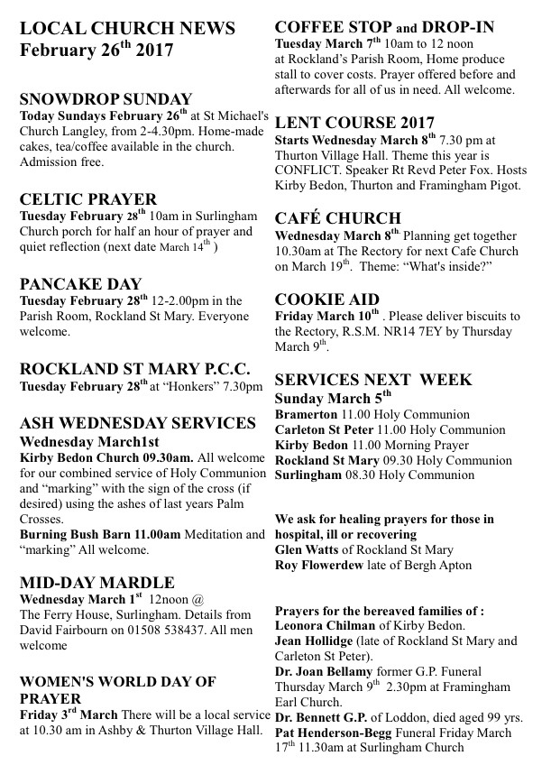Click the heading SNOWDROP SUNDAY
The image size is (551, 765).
click(x=106, y=99)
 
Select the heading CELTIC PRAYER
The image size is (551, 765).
click(x=87, y=199)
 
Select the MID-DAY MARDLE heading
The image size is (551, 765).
click(x=96, y=583)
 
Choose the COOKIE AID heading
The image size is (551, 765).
click(x=326, y=299)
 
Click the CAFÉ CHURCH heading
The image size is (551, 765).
click(x=337, y=217)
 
